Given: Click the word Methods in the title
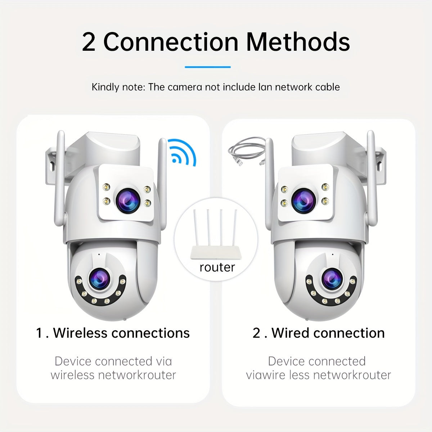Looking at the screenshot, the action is (x=298, y=42).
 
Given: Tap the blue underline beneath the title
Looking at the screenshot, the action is (x=208, y=67).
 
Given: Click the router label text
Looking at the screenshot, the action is (x=217, y=267).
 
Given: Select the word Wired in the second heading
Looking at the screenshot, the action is (x=291, y=333).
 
